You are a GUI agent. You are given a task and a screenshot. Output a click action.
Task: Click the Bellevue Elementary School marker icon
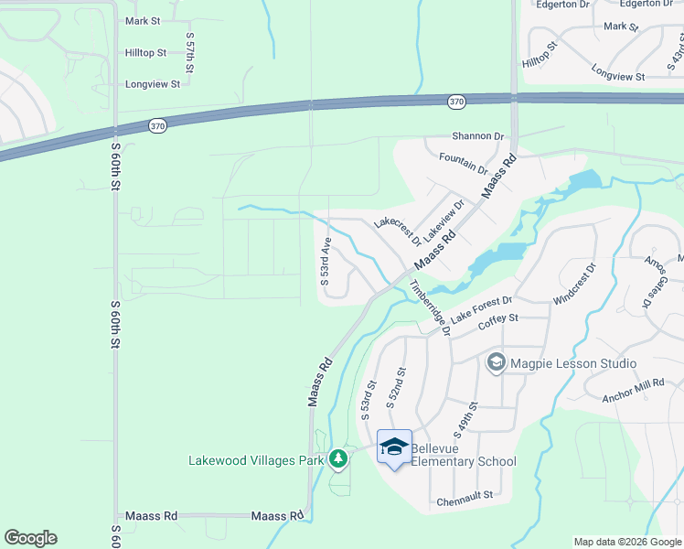point(394,447)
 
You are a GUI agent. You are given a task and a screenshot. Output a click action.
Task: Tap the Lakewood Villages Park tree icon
point(338,457)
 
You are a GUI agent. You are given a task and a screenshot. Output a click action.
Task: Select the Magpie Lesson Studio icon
point(496,363)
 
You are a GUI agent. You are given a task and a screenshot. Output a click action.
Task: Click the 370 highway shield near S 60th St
point(158,126)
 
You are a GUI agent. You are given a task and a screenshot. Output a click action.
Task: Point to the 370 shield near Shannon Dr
point(456,101)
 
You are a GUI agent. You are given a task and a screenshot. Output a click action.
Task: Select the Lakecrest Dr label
point(398,232)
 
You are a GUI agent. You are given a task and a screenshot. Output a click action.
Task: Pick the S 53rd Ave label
point(325,262)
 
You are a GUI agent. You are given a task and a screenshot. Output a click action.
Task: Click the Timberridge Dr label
point(431,308)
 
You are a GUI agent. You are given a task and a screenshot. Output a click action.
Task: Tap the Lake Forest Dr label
point(481,306)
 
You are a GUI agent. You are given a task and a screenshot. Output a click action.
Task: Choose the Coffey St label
point(498,318)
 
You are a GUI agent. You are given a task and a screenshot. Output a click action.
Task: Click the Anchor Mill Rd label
point(633,391)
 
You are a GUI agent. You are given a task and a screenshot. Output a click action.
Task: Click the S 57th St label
point(190,51)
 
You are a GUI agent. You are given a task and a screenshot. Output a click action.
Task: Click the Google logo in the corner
point(30,538)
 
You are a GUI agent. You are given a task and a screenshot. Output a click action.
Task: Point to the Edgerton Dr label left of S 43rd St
point(563,5)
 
